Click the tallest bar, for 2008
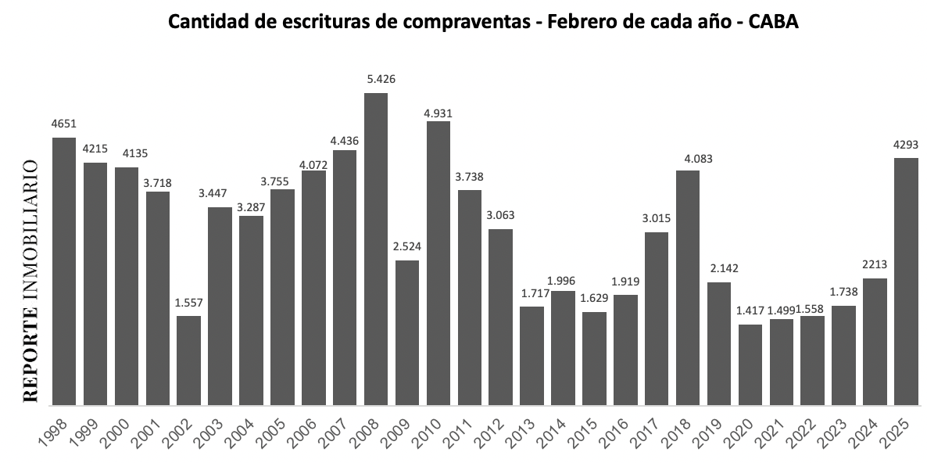[376, 249]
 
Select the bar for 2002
[189, 360]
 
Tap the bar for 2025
[906, 282]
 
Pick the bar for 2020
[750, 364]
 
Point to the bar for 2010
[438, 263]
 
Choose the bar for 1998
[64, 271]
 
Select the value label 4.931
[438, 113]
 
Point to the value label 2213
[875, 264]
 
